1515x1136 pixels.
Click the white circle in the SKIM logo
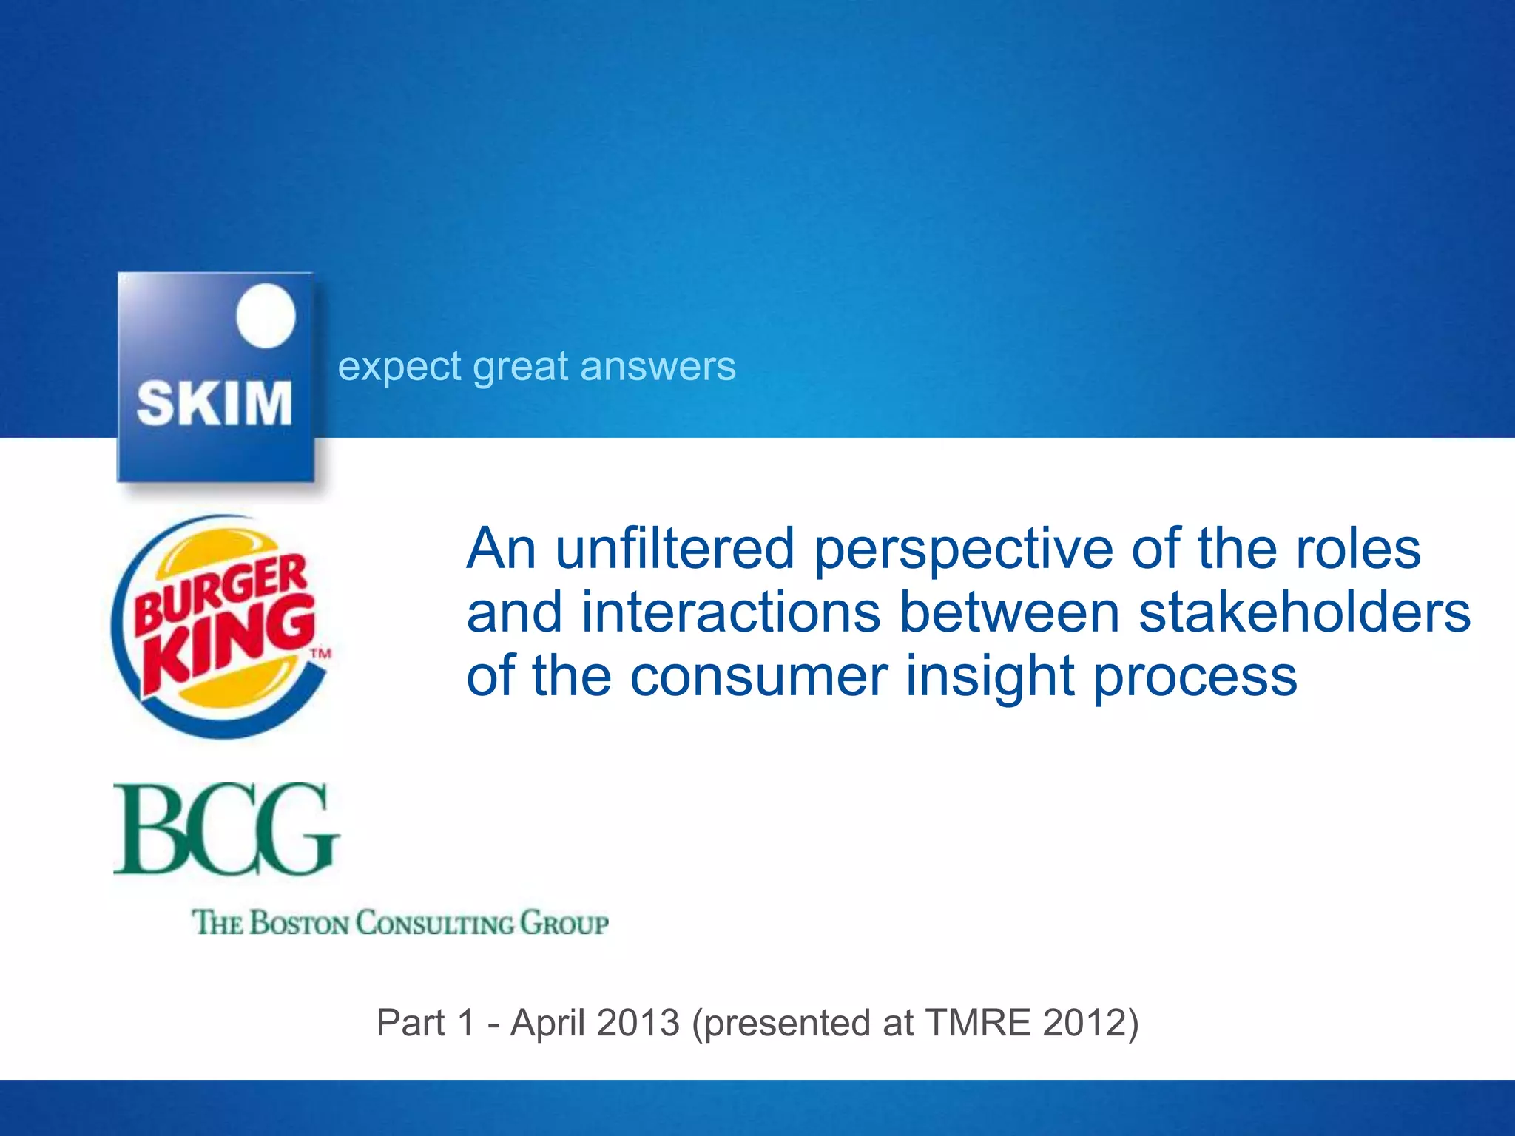[x=266, y=316]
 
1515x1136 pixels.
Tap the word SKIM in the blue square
[x=215, y=404]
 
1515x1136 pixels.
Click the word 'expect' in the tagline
[x=399, y=368]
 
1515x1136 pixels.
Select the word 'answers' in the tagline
[x=658, y=368]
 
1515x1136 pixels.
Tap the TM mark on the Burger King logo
[x=320, y=654]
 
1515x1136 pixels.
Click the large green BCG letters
[x=226, y=830]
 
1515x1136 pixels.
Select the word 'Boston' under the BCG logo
[x=299, y=924]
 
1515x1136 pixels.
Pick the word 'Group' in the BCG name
[x=564, y=924]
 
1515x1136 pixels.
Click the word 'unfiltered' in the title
[x=674, y=549]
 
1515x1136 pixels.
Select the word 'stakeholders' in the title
[x=1304, y=612]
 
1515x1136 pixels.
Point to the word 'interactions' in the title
[x=731, y=612]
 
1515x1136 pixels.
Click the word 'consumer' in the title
[x=758, y=677]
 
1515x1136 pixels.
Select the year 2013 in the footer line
[x=638, y=1024]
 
